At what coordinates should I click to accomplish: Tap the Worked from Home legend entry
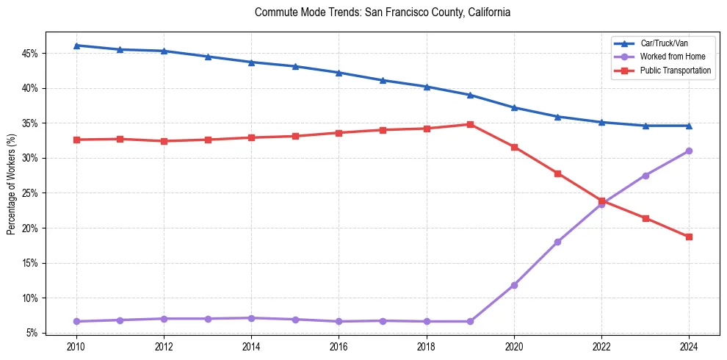coord(669,57)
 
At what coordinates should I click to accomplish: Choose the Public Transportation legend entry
coord(675,71)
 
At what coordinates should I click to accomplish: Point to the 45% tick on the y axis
coord(29,54)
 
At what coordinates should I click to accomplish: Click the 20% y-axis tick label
coord(29,228)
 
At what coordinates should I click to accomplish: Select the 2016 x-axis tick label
coord(339,346)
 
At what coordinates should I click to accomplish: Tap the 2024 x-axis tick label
coord(689,346)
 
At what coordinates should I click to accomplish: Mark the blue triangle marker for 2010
coord(76,46)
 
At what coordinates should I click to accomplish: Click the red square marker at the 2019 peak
coord(470,124)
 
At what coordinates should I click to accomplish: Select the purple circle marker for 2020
coord(514,285)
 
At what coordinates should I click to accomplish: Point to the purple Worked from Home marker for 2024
coord(689,151)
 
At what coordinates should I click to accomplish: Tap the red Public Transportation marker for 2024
coord(689,237)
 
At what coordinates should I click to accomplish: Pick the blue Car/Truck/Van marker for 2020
coord(514,107)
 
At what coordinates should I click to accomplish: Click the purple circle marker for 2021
coord(557,242)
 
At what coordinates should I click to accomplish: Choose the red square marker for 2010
coord(76,140)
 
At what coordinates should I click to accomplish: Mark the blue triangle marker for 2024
coord(689,126)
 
